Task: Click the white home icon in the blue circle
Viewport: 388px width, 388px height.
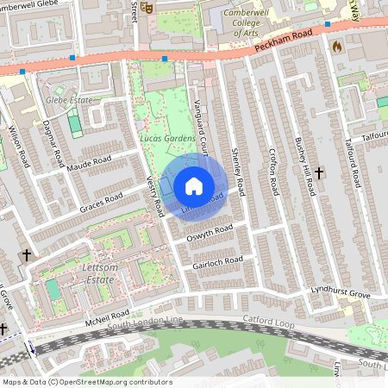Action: pos(194,186)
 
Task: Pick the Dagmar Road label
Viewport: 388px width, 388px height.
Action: pos(53,145)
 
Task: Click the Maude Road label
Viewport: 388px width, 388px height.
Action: pos(91,162)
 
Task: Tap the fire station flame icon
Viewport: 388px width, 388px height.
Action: pos(337,46)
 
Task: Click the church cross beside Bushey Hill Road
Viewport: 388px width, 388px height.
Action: pos(320,173)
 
